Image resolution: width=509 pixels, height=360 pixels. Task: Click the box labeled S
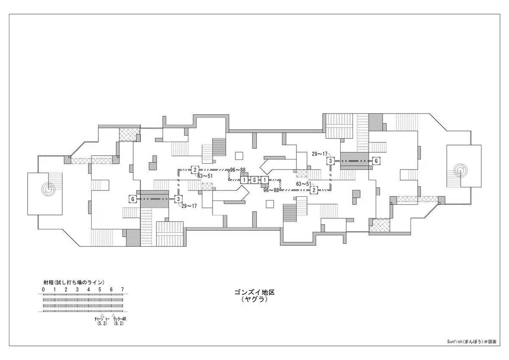click(254, 180)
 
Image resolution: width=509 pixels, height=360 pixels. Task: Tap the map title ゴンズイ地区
click(255, 292)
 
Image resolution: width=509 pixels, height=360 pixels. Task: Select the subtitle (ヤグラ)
click(255, 300)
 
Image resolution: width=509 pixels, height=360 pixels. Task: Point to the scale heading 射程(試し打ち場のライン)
click(74, 282)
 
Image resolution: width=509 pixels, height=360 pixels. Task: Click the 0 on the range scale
click(43, 289)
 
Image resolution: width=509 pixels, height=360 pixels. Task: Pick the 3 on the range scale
click(77, 289)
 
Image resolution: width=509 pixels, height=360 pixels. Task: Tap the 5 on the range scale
click(100, 289)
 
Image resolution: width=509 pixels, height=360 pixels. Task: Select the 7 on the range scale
click(123, 289)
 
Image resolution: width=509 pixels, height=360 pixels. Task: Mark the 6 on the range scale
click(111, 289)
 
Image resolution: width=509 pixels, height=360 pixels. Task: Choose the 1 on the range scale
click(55, 289)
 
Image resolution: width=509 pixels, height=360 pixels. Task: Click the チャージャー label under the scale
click(102, 319)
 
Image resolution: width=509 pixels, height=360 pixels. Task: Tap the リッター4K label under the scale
click(120, 319)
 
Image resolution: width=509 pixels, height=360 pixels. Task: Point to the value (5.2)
click(102, 324)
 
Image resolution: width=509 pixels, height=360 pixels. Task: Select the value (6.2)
click(119, 324)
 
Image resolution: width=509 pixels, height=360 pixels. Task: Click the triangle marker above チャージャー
click(102, 315)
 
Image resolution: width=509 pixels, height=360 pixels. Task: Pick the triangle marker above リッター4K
click(113, 315)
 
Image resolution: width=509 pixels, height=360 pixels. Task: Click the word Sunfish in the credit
click(454, 348)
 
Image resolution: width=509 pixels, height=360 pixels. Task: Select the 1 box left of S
click(244, 180)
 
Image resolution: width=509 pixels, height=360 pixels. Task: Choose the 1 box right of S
click(265, 180)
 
